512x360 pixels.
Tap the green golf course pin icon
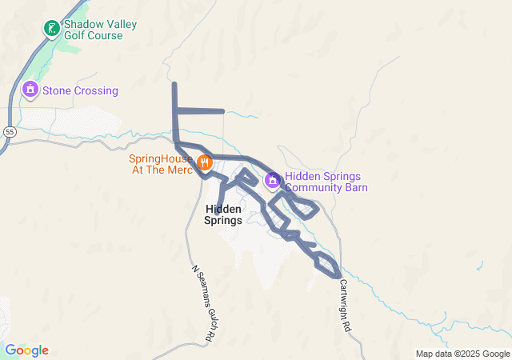click(x=51, y=29)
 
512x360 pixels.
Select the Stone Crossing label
click(x=80, y=90)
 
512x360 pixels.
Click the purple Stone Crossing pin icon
click(x=30, y=89)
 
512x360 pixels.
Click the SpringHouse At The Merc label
click(x=161, y=164)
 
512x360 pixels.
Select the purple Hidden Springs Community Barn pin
click(x=272, y=179)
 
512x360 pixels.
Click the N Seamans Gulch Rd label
click(x=202, y=305)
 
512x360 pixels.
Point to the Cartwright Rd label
click(x=344, y=305)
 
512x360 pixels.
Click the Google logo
click(x=26, y=350)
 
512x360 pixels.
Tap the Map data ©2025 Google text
click(x=462, y=354)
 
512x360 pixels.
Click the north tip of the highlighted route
click(x=174, y=84)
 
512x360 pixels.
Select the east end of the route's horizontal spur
click(x=223, y=110)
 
